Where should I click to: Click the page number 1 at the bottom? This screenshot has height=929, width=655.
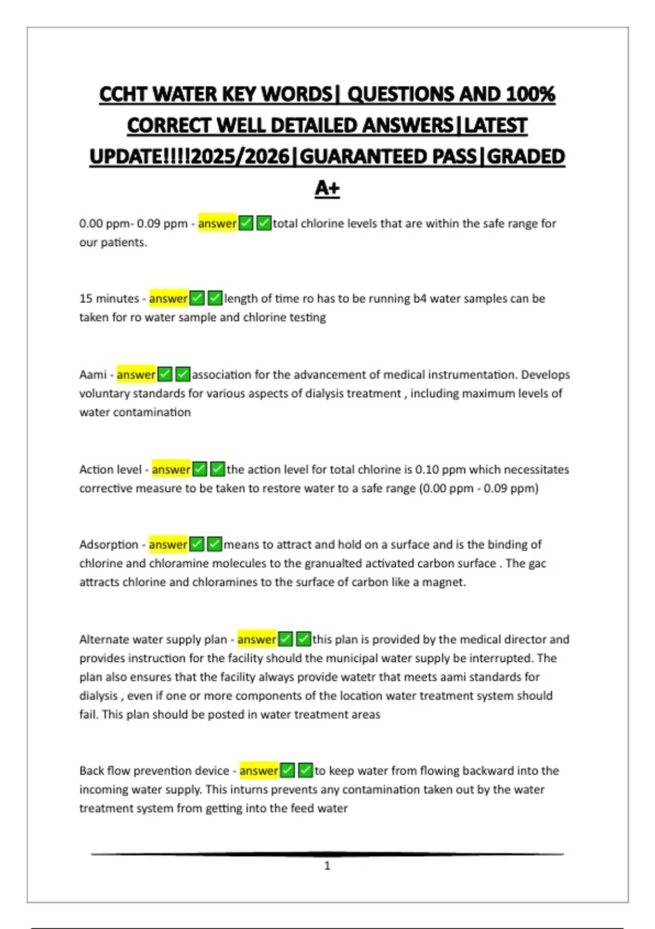coord(327,866)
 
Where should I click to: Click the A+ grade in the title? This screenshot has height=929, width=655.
coord(327,188)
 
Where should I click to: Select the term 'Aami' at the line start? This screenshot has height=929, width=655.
coord(93,375)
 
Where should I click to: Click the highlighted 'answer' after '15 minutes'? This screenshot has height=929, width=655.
coord(168,298)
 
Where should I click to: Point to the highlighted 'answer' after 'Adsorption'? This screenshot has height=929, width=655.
coord(168,544)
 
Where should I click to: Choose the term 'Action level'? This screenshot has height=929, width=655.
coord(110,469)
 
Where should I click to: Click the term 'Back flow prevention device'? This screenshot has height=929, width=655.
coord(154,771)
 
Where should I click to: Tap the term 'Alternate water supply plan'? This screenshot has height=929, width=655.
coord(153,639)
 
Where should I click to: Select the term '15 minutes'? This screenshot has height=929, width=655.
coord(109,298)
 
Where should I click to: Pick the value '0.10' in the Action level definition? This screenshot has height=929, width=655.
coord(427,469)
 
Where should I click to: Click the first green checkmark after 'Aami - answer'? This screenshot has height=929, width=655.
coord(165,375)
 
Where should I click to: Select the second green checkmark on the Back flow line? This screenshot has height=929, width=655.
coord(306,771)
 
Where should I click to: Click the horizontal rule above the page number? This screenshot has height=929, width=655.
coord(327,854)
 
